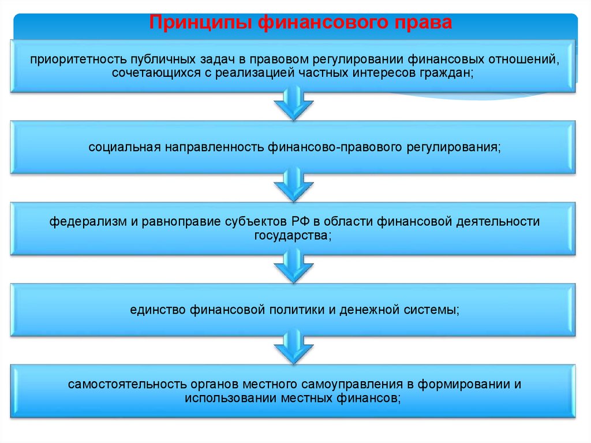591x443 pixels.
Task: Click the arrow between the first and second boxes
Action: click(293, 103)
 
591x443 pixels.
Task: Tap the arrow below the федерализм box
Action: click(293, 266)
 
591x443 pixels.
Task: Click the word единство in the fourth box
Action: click(156, 310)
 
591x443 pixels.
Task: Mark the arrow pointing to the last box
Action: click(293, 346)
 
